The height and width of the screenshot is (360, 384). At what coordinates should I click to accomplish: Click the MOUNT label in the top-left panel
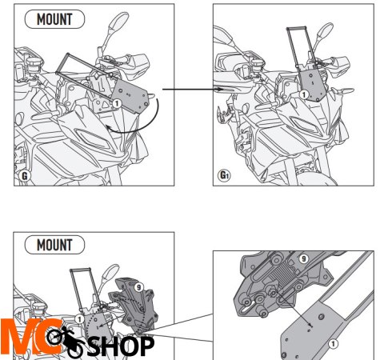[54, 19]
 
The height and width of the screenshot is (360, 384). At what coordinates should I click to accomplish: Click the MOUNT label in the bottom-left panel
[54, 245]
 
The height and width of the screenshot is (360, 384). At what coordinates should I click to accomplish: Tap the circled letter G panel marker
[24, 176]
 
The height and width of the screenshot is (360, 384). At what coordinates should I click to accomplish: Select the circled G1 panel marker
[224, 175]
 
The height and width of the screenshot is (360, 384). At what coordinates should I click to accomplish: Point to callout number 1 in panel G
[117, 103]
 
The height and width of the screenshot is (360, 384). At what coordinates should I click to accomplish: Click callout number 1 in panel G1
[304, 94]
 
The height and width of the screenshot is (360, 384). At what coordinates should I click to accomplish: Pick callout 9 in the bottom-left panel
[138, 287]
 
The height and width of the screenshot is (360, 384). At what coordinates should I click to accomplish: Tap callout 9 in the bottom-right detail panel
[303, 258]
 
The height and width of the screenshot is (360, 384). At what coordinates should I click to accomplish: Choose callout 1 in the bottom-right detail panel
[333, 344]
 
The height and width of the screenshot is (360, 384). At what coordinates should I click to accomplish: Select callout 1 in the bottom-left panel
[79, 319]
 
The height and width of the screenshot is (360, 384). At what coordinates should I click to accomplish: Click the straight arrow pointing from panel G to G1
[193, 90]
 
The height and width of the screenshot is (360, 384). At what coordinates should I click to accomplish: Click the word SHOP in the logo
[121, 346]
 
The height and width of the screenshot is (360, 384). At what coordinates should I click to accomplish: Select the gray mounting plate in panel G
[130, 97]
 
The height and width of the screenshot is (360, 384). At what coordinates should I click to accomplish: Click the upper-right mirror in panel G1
[325, 30]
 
